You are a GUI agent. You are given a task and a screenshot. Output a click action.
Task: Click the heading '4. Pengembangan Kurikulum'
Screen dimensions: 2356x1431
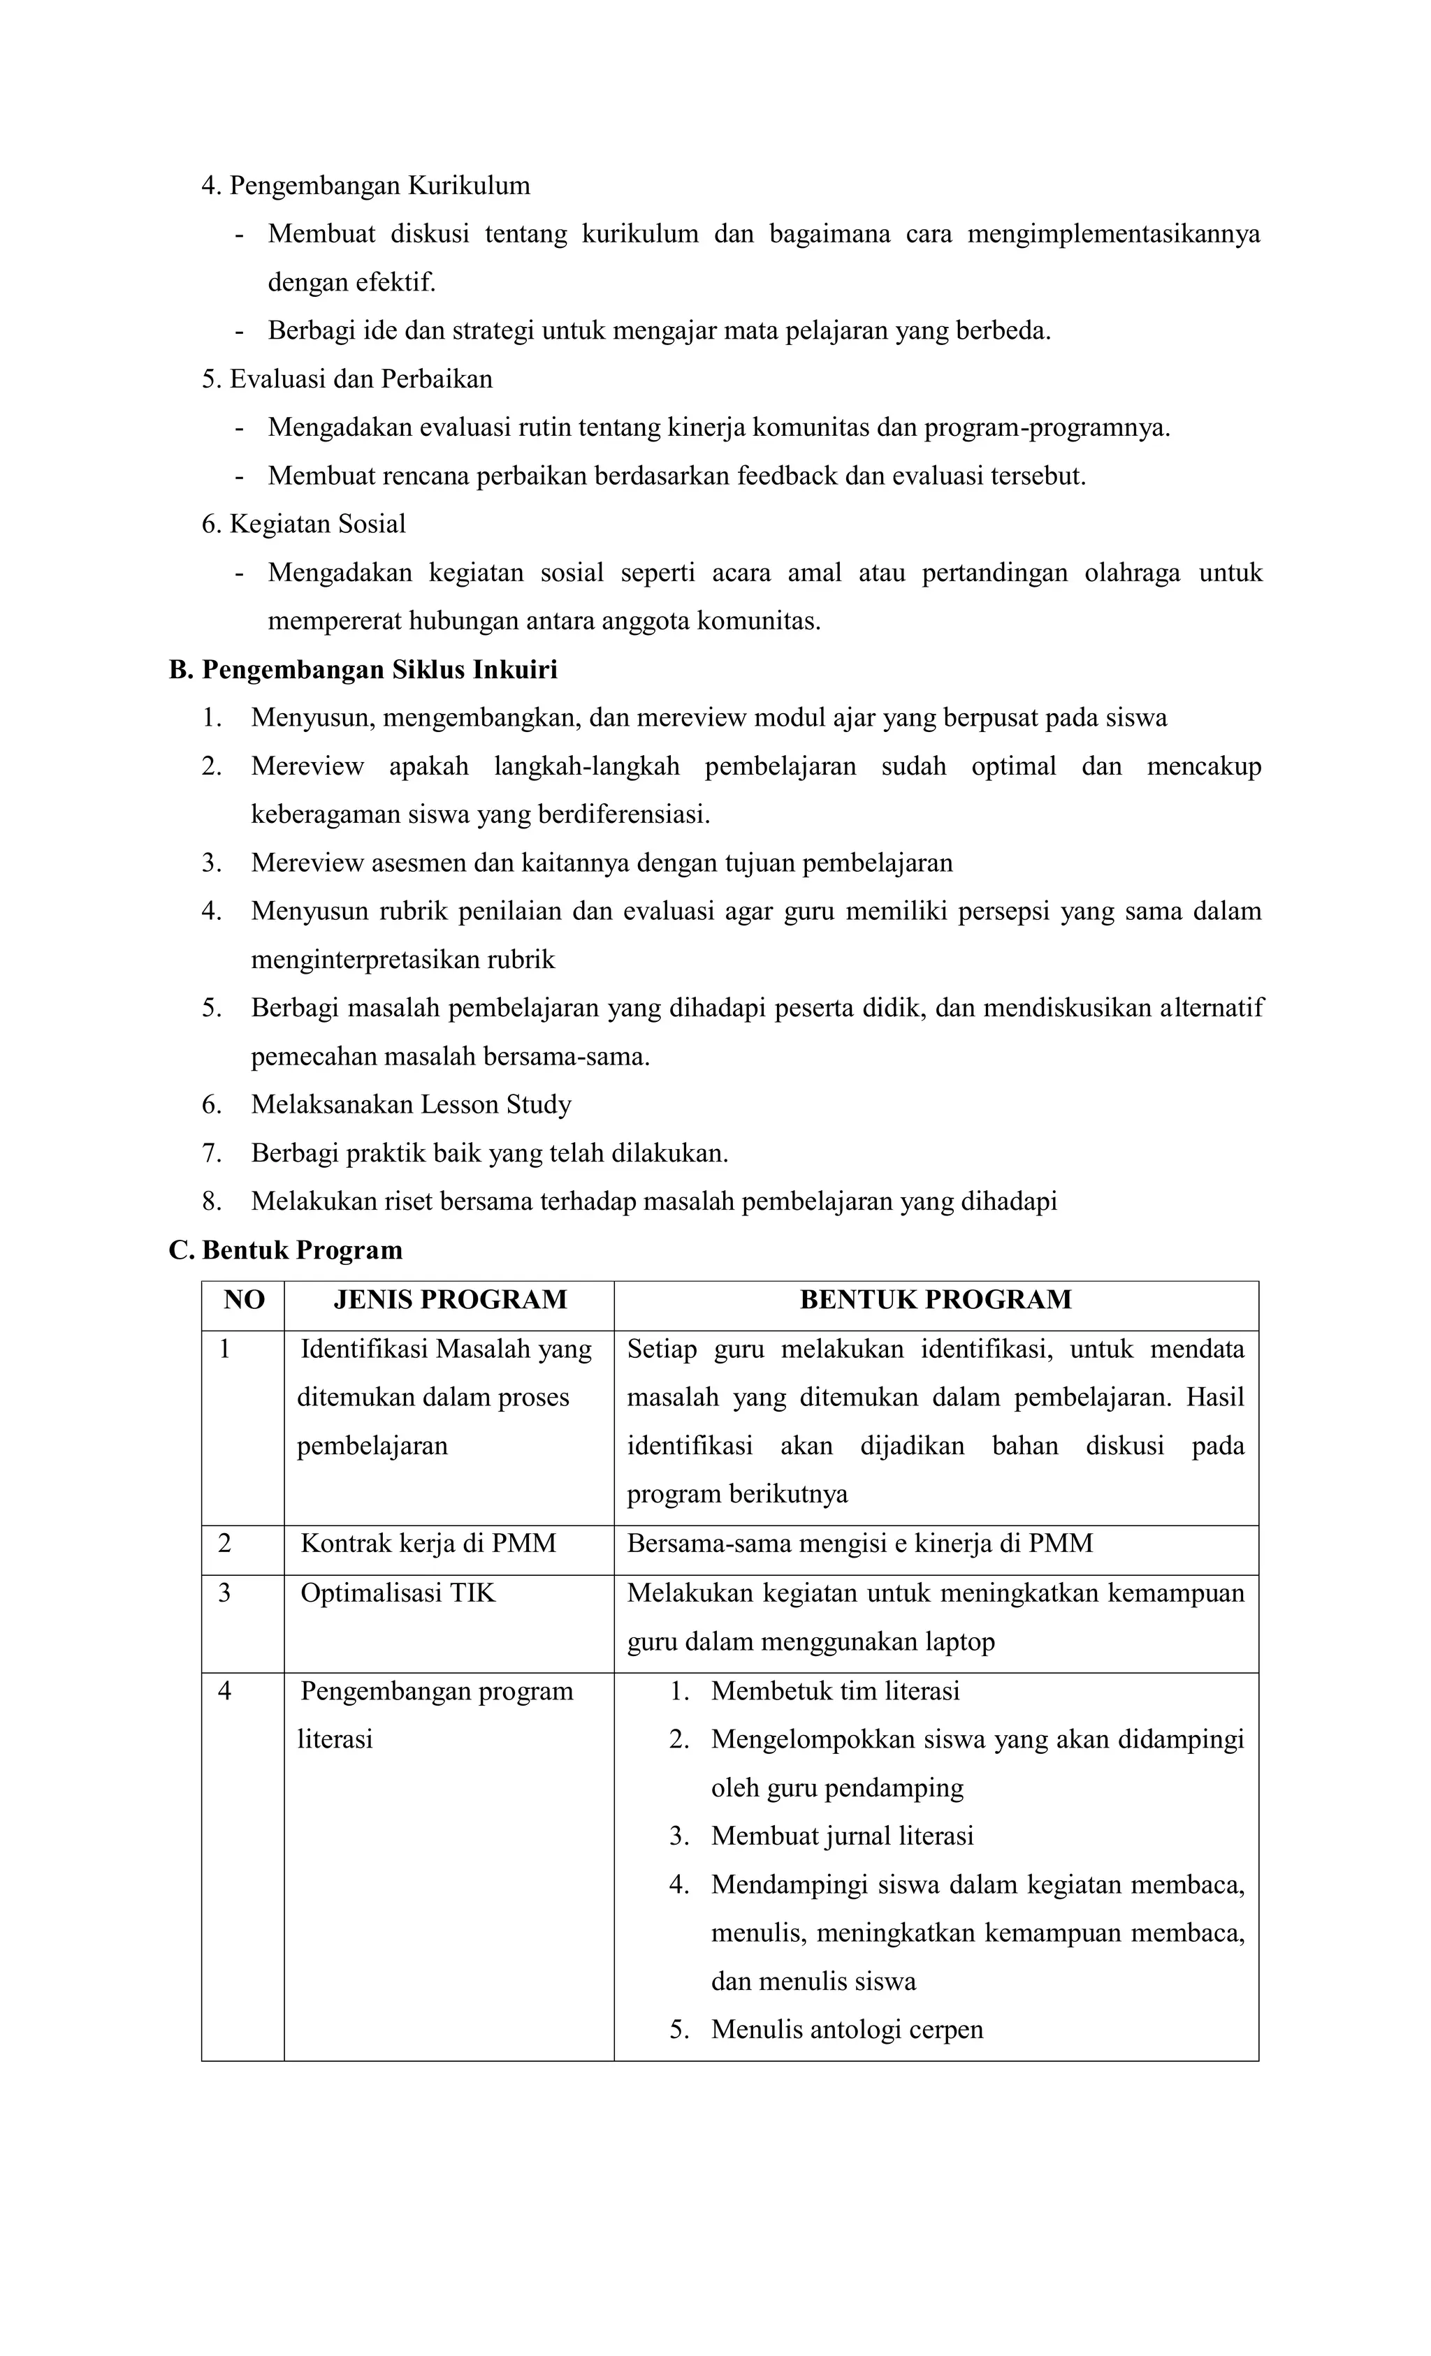click(365, 186)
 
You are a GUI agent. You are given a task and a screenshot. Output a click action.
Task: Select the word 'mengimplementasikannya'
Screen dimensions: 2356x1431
click(1113, 234)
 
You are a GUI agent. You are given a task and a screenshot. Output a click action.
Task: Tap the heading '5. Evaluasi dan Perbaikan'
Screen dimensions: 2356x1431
click(347, 379)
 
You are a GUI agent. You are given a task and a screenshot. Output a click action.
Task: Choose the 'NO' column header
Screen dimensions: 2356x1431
click(243, 1299)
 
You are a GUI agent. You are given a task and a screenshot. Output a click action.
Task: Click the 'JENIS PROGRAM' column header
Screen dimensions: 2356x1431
click(449, 1299)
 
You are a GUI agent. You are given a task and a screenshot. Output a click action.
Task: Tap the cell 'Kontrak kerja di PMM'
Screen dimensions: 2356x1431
click(428, 1543)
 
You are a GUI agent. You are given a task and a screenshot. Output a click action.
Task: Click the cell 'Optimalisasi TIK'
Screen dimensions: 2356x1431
click(398, 1593)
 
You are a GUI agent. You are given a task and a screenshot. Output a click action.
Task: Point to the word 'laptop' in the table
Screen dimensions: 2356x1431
click(959, 1641)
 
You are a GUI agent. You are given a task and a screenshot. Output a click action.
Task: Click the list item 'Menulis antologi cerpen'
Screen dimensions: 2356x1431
click(847, 2029)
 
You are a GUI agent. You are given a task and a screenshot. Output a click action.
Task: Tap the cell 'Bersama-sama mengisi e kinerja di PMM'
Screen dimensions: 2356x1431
click(859, 1543)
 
